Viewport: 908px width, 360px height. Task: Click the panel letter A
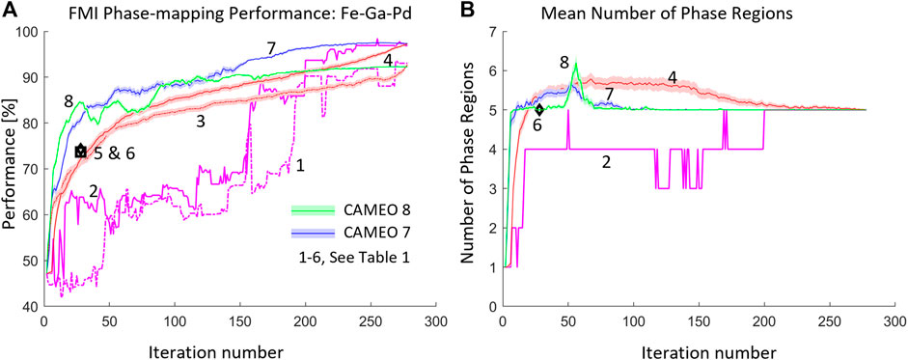9,12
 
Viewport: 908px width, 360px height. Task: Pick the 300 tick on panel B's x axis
894,320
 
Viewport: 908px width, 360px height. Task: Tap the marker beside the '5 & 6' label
81,152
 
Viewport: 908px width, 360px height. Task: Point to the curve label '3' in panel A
200,123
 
